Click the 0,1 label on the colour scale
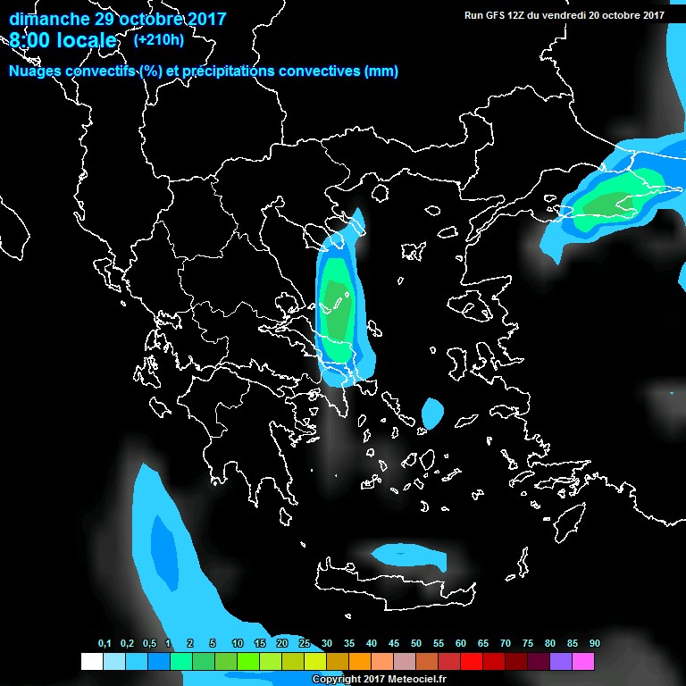coord(105,644)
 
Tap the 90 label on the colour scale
coord(594,644)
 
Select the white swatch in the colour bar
coord(91,662)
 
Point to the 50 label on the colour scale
coord(416,644)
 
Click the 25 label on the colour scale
coord(305,644)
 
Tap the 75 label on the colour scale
coord(527,644)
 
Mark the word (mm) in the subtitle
coord(381,71)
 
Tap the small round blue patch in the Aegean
coord(433,413)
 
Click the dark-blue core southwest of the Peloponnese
coord(163,540)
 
